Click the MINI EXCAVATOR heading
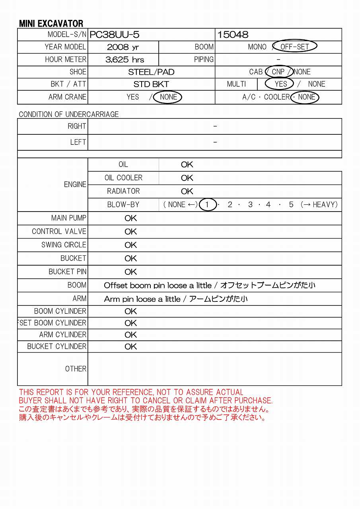pyautogui.click(x=51, y=23)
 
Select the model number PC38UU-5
pyautogui.click(x=114, y=35)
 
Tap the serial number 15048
pyautogui.click(x=233, y=35)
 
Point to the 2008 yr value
pyautogui.click(x=123, y=47)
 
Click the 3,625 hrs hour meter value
pyautogui.click(x=125, y=60)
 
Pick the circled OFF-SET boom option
pyautogui.click(x=294, y=47)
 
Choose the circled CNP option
pyautogui.click(x=278, y=72)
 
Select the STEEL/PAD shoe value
pyautogui.click(x=151, y=72)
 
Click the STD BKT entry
pyautogui.click(x=151, y=84)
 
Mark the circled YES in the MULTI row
pyautogui.click(x=281, y=84)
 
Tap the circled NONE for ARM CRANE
pyautogui.click(x=168, y=97)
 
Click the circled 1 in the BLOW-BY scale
pyautogui.click(x=207, y=205)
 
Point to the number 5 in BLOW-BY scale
pyautogui.click(x=291, y=205)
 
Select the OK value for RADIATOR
pyautogui.click(x=187, y=191)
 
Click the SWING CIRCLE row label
pyautogui.click(x=64, y=245)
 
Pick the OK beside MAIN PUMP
pyautogui.click(x=130, y=218)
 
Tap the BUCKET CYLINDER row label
pyautogui.click(x=56, y=346)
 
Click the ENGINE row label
pyautogui.click(x=75, y=185)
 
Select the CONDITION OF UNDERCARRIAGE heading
pyautogui.click(x=69, y=114)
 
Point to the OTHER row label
pyautogui.click(x=76, y=369)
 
